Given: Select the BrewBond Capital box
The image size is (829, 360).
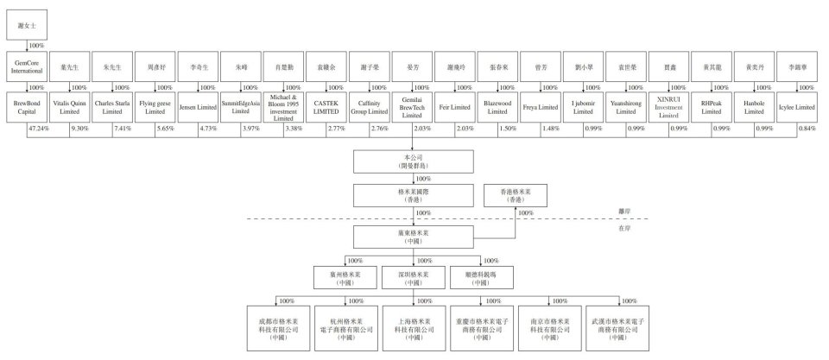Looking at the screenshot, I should coord(25,107).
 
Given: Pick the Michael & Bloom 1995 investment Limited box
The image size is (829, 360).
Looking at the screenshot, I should coord(285,107).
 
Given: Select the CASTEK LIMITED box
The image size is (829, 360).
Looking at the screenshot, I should coord(327,107).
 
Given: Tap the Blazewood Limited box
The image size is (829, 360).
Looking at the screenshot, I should coord(499,107).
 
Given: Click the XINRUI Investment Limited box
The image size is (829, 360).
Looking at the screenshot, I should coord(672,107).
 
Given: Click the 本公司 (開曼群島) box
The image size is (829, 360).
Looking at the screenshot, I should coord(414,161).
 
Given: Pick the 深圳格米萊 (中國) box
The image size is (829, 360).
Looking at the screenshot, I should coord(414,278).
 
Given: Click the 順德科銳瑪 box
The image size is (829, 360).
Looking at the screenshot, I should coord(481,278).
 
